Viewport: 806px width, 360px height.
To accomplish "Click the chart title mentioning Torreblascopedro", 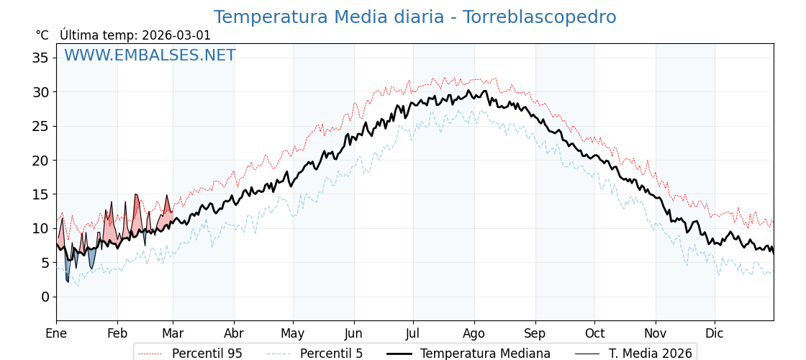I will pyautogui.click(x=415, y=17).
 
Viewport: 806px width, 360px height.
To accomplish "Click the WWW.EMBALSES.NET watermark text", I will pyautogui.click(x=150, y=55).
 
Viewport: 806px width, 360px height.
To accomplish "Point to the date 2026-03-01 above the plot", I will pyautogui.click(x=176, y=35).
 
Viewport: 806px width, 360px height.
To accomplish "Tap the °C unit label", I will pyautogui.click(x=42, y=35).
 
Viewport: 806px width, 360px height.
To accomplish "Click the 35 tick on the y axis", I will pyautogui.click(x=40, y=58).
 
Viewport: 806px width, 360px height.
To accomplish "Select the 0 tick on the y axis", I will pyautogui.click(x=45, y=297).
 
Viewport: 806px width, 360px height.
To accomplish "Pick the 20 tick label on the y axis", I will pyautogui.click(x=40, y=160).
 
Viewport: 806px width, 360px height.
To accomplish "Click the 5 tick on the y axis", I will pyautogui.click(x=45, y=263).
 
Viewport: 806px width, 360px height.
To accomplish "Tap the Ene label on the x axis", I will pyautogui.click(x=56, y=333).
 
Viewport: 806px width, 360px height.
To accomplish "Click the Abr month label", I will pyautogui.click(x=234, y=333).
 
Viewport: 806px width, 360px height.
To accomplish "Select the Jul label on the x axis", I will pyautogui.click(x=413, y=333).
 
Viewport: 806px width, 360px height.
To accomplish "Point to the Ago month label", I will pyautogui.click(x=474, y=333).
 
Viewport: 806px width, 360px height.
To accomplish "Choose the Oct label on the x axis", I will pyautogui.click(x=594, y=333).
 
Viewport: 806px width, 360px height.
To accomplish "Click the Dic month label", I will pyautogui.click(x=715, y=333).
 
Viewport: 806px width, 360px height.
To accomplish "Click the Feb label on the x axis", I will pyautogui.click(x=117, y=333).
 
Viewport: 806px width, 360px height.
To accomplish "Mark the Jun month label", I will pyautogui.click(x=353, y=333).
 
